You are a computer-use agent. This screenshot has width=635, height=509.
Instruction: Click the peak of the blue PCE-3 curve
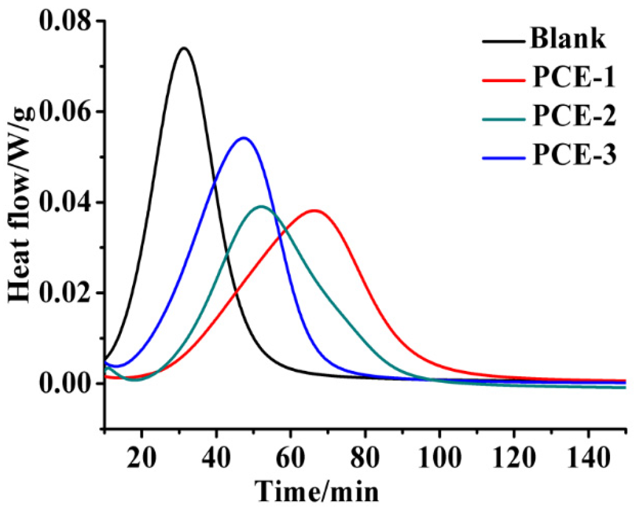tap(243, 138)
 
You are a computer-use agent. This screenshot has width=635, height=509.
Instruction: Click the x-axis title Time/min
tap(317, 492)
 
